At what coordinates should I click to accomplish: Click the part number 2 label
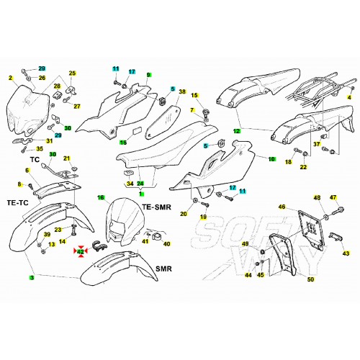pyautogui.click(x=10, y=78)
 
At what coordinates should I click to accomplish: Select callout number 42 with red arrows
pyautogui.click(x=80, y=252)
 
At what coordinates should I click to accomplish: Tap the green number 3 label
pyautogui.click(x=32, y=278)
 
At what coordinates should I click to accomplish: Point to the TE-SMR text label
pyautogui.click(x=157, y=207)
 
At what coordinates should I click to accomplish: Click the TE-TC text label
pyautogui.click(x=18, y=203)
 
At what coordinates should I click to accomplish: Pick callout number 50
pyautogui.click(x=310, y=279)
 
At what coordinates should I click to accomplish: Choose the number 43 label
pyautogui.click(x=346, y=253)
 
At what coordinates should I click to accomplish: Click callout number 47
pyautogui.click(x=333, y=197)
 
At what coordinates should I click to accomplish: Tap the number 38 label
pyautogui.click(x=182, y=91)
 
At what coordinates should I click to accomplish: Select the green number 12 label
pyautogui.click(x=237, y=131)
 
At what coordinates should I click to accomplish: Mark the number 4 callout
pyautogui.click(x=349, y=98)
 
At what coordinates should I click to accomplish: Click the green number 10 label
pyautogui.click(x=271, y=159)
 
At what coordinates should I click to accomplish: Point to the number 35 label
pyautogui.click(x=40, y=149)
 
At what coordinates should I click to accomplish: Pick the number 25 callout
pyautogui.click(x=72, y=73)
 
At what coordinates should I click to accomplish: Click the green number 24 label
pyautogui.click(x=140, y=184)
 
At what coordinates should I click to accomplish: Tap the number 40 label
pyautogui.click(x=166, y=244)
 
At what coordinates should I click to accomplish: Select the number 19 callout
pyautogui.click(x=203, y=217)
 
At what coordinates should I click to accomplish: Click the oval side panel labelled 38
pyautogui.click(x=163, y=122)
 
